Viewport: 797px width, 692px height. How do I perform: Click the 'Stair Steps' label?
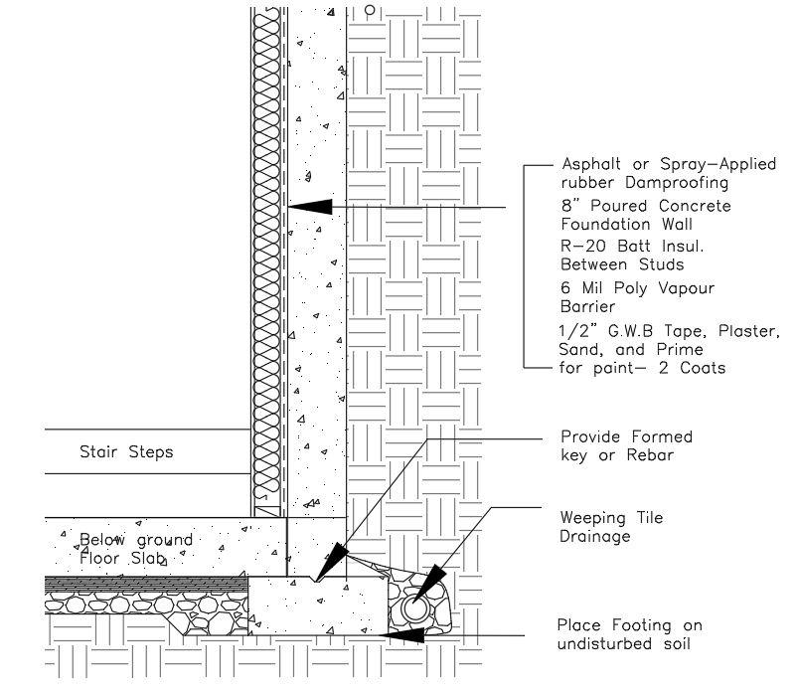[x=126, y=452]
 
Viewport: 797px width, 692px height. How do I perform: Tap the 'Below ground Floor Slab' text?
[x=136, y=549]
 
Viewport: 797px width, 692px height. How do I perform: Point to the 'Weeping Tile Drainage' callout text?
[x=611, y=527]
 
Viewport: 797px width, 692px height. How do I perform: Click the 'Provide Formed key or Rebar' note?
[x=626, y=445]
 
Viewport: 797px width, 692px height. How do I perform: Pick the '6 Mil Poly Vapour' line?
[x=624, y=287]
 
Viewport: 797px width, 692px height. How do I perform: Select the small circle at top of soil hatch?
[x=370, y=12]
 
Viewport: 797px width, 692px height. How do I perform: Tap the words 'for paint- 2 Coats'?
[x=643, y=368]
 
